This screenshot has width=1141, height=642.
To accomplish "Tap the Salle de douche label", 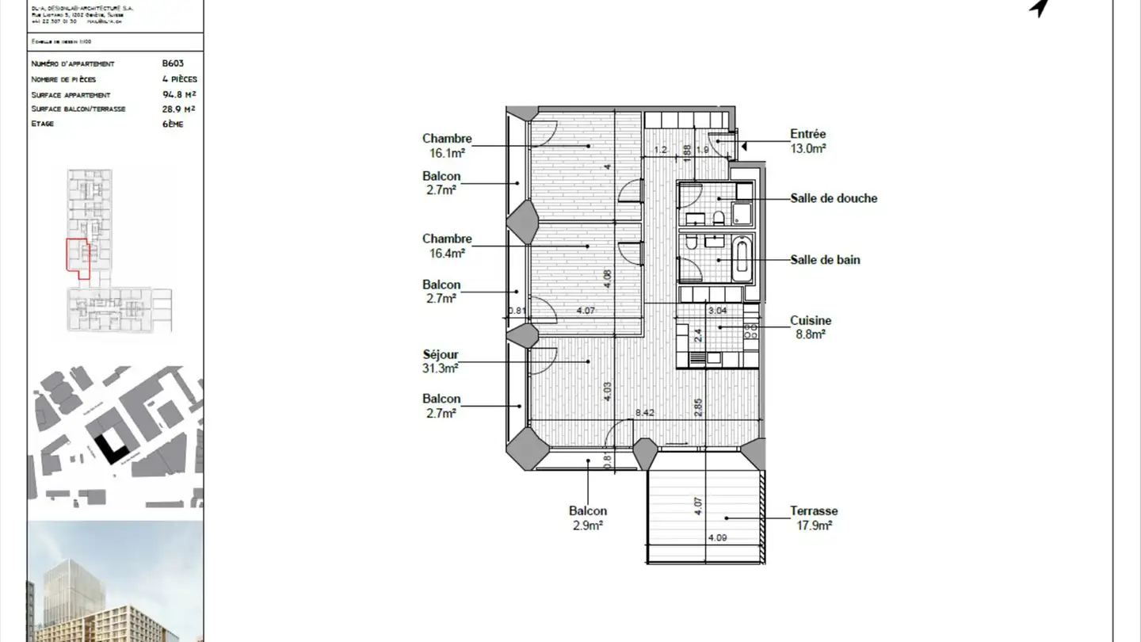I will point(834,198).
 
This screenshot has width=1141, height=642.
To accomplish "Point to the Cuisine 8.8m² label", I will point(811,327).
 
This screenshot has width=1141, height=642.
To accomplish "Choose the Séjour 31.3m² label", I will point(441,361).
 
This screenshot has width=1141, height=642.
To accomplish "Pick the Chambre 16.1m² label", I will point(447,145).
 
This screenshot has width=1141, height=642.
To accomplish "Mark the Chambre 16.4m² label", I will point(447,246).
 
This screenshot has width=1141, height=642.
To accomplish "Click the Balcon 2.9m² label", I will point(587,518).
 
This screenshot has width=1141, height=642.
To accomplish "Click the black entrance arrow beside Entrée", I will point(744,145).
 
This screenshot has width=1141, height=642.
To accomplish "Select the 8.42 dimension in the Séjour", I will point(644,413).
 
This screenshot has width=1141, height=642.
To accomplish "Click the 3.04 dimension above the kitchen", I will point(717,310).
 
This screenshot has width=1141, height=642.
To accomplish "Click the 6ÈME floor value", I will point(172,124).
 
